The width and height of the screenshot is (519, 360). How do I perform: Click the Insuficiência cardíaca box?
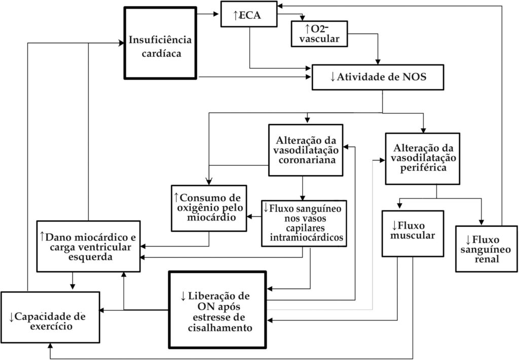161,43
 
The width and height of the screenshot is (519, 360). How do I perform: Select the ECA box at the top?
249,14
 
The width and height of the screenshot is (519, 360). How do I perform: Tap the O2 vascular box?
319,34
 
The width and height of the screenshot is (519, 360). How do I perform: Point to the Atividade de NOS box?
378,77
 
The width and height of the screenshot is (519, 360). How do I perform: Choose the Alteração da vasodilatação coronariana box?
306,150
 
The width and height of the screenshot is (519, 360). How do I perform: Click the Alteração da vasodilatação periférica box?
422,159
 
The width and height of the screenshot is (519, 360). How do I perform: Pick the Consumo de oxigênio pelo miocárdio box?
209,208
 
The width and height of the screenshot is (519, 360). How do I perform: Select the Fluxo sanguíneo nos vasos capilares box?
304,223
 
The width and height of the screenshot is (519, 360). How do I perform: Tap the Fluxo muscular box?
413,233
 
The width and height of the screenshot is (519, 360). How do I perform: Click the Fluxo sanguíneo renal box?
486,249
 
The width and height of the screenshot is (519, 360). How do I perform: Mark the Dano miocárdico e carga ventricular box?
88,246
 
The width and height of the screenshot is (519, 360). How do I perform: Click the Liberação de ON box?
217,310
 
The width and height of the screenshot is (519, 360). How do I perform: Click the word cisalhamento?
220,328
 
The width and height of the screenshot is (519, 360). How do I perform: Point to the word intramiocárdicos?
307,237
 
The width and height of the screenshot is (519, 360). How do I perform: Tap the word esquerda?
90,257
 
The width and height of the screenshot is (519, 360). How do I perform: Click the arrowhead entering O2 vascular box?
302,18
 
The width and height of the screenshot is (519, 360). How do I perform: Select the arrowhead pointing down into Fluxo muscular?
399,206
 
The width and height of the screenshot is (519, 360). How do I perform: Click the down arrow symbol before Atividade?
332,77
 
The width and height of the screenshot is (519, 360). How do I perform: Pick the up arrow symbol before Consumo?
176,198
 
